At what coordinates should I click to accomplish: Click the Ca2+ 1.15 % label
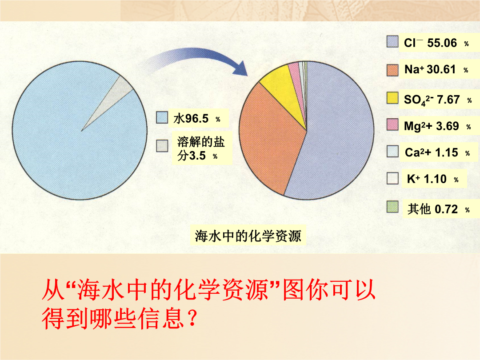[x=437, y=152]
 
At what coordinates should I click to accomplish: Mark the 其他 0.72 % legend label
[x=438, y=209]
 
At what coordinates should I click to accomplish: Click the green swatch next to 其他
[x=392, y=207]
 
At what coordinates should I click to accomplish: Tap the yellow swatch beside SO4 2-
[x=392, y=98]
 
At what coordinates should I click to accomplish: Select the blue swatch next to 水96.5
[x=162, y=117]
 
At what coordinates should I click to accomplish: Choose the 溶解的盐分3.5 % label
[x=201, y=149]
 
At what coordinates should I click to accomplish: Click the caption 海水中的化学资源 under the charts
[x=248, y=236]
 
